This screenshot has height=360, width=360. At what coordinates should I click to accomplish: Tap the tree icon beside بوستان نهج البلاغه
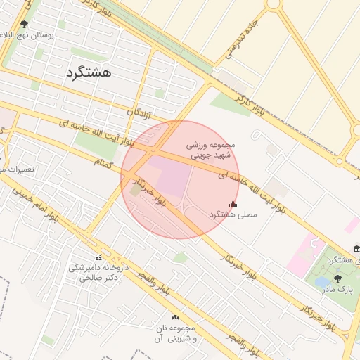[24, 24]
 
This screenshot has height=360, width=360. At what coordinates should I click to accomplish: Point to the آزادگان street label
[141, 112]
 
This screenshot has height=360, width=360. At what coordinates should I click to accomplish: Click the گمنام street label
[103, 162]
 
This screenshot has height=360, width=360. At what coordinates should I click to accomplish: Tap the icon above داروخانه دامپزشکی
[98, 257]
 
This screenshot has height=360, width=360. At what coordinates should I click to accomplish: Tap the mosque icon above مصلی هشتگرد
[233, 204]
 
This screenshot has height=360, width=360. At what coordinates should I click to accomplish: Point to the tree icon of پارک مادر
[337, 278]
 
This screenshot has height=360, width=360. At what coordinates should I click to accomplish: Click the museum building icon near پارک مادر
[356, 250]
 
